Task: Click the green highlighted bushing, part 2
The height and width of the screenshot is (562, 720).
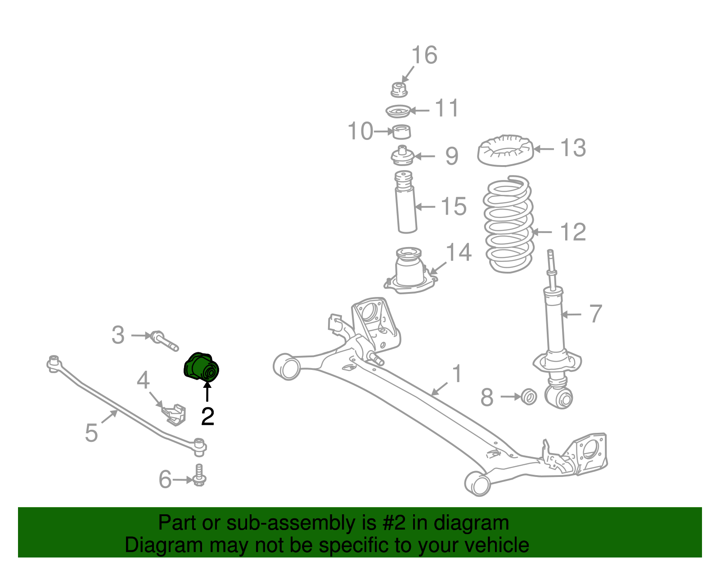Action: click(x=201, y=367)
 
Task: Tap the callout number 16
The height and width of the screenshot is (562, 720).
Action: click(x=424, y=55)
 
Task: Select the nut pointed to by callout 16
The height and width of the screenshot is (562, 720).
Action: click(x=399, y=89)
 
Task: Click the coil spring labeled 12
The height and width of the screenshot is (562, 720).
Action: click(x=508, y=225)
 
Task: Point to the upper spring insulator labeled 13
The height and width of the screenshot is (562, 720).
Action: click(x=505, y=150)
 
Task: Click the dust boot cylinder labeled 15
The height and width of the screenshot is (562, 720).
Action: click(x=406, y=207)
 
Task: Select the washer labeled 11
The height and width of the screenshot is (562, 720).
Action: click(x=398, y=111)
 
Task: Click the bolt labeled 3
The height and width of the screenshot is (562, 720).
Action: click(x=164, y=340)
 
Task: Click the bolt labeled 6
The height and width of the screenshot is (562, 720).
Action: click(x=199, y=475)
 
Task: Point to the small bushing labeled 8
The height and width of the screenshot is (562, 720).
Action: click(x=529, y=397)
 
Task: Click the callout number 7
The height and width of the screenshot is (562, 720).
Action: click(x=595, y=314)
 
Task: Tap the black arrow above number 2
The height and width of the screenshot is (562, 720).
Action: click(x=207, y=391)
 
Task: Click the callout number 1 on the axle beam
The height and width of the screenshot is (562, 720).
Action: click(x=457, y=373)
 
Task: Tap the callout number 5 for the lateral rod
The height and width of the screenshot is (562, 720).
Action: click(x=91, y=433)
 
